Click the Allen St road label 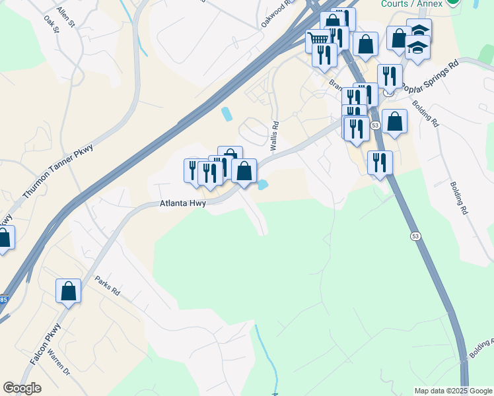click(x=66, y=13)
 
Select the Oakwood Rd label click(x=276, y=13)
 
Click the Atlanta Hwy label click(x=183, y=204)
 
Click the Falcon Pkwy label click(x=46, y=344)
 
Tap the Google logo click(x=22, y=388)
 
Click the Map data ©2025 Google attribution click(x=453, y=391)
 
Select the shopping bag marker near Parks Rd click(x=68, y=291)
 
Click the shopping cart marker click(x=318, y=40)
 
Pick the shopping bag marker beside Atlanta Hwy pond click(x=244, y=171)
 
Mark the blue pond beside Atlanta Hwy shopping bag click(x=262, y=185)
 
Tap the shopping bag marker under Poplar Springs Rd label click(x=394, y=121)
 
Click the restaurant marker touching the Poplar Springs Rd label click(x=390, y=76)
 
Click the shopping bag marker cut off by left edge click(x=3, y=238)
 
